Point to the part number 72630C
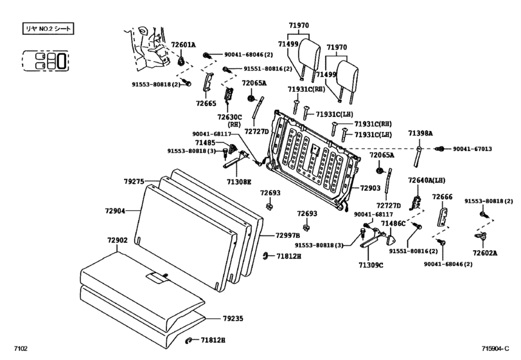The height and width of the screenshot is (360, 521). click(x=229, y=117)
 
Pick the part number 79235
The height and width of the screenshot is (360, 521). click(x=233, y=318)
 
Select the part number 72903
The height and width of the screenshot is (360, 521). click(x=371, y=188)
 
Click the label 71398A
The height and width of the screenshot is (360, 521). click(x=420, y=133)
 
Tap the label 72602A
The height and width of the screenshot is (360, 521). click(x=485, y=253)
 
